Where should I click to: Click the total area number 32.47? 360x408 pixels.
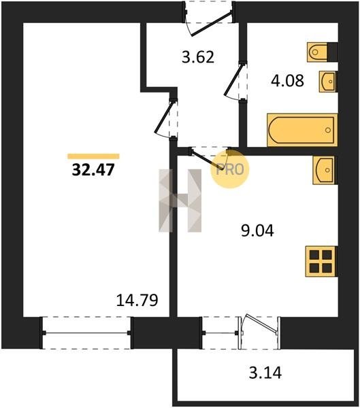click(x=93, y=169)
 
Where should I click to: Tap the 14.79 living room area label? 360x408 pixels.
click(x=137, y=300)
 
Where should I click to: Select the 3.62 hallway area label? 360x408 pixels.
click(x=198, y=57)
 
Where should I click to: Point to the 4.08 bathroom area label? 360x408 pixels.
click(x=287, y=80)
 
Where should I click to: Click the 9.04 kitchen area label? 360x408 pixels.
click(x=257, y=231)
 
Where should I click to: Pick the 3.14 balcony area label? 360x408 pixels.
click(x=265, y=373)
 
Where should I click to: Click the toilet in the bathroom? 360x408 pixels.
click(x=317, y=52)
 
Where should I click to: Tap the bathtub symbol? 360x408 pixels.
click(x=302, y=130)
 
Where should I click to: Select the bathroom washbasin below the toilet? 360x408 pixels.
click(x=328, y=82)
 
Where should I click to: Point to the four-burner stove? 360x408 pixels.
click(x=321, y=261)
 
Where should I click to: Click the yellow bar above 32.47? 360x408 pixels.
click(x=93, y=156)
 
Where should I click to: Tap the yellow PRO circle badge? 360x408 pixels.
click(x=230, y=169)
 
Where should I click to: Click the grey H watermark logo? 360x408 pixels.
click(x=180, y=201)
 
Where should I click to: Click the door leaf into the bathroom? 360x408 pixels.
click(x=233, y=80)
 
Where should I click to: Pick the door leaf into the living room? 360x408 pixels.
click(x=163, y=117)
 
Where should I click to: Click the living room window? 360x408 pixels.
click(x=86, y=333)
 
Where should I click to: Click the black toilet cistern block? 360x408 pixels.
click(x=332, y=52)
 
